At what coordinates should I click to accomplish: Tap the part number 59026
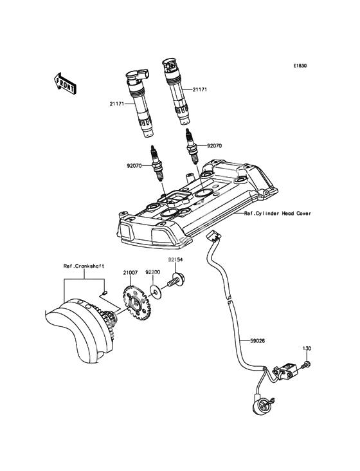258,340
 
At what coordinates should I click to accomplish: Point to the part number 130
307,349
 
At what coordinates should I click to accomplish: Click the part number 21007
130,273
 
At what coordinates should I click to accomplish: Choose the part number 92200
153,272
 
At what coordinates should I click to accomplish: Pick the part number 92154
175,259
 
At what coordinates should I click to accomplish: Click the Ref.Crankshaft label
84,266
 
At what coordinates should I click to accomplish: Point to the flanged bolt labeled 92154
174,280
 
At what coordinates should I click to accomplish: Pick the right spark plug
192,147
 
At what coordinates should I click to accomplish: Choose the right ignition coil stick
177,91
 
